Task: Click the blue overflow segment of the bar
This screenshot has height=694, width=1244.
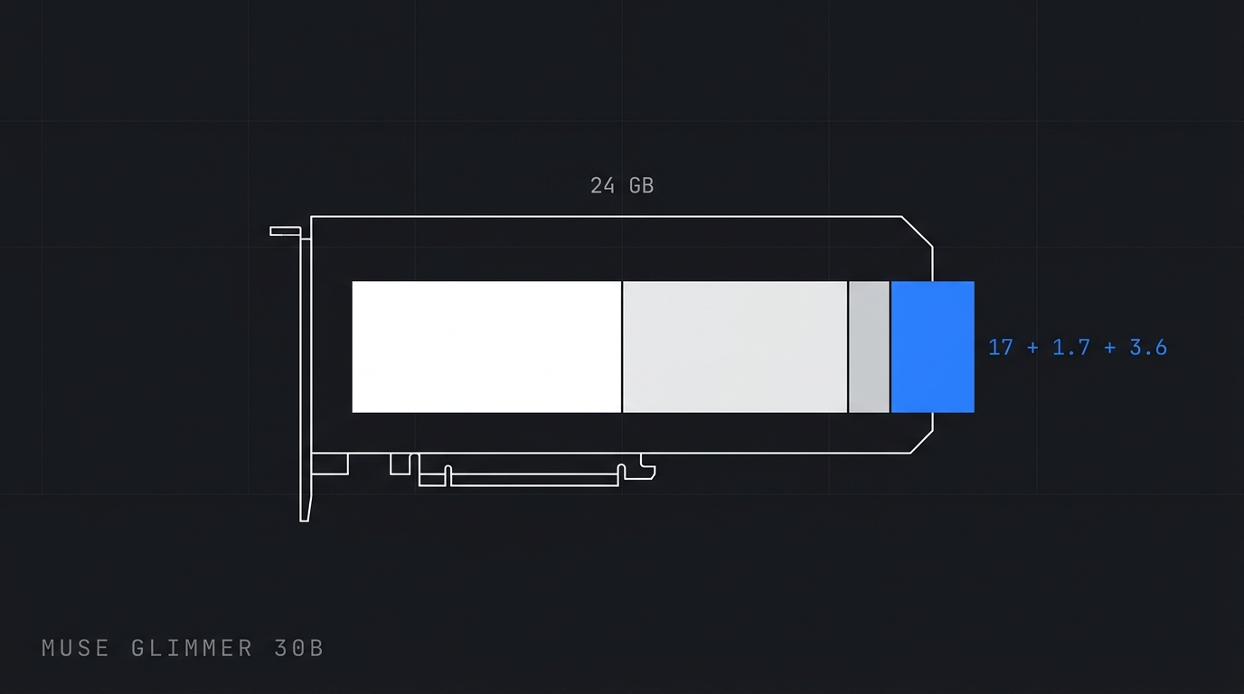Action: (932, 347)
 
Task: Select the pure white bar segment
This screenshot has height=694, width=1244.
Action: (486, 347)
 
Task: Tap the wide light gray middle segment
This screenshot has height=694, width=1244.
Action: (735, 347)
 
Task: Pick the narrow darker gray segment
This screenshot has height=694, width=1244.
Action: (869, 347)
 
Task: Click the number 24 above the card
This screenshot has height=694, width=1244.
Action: (602, 186)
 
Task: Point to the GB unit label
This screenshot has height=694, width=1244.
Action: (642, 186)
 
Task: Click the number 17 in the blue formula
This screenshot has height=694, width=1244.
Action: (1001, 348)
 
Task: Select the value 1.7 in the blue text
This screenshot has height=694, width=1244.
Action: (1071, 348)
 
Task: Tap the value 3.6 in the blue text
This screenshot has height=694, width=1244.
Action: (1148, 348)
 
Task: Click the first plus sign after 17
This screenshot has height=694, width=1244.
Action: (1032, 348)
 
